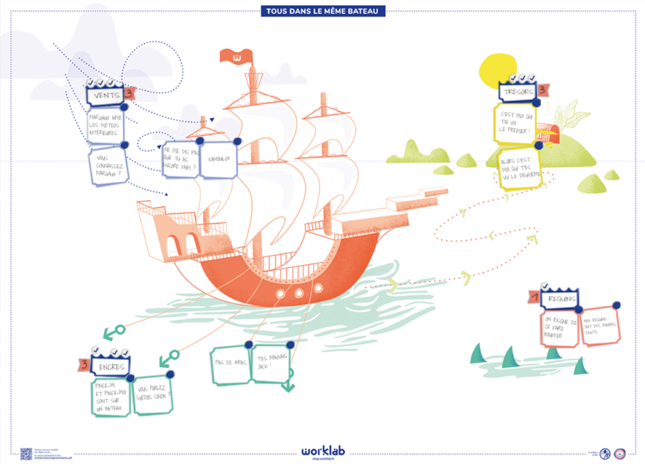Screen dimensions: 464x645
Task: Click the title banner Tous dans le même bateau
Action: [322, 11]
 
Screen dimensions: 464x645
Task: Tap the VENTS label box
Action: [105, 96]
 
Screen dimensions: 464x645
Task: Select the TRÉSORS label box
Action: [518, 93]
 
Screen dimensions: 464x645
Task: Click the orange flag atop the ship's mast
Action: [236, 57]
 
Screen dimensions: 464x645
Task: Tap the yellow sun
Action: [497, 71]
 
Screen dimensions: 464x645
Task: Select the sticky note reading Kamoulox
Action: [218, 157]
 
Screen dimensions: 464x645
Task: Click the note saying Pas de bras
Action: [230, 365]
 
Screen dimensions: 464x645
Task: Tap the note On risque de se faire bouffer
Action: [559, 328]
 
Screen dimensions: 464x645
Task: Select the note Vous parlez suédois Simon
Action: [152, 395]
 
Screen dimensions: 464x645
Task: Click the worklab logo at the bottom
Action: [322, 451]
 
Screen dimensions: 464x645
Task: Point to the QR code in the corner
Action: [26, 453]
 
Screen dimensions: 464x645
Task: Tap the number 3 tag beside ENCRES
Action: [84, 365]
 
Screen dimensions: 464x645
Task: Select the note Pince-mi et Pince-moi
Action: [111, 396]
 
